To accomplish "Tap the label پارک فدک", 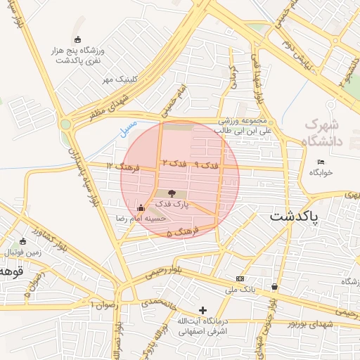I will tap(172, 204).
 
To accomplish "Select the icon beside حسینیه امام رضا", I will tap(141, 208).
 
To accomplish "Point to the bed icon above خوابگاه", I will tap(321, 162).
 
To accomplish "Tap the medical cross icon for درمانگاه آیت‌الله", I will tap(203, 310).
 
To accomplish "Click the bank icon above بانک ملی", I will tap(240, 279).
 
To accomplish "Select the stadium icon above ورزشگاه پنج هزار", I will tap(77, 40).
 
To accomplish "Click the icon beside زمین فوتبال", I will tap(22, 241).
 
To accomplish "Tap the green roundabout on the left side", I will tap(66, 124).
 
